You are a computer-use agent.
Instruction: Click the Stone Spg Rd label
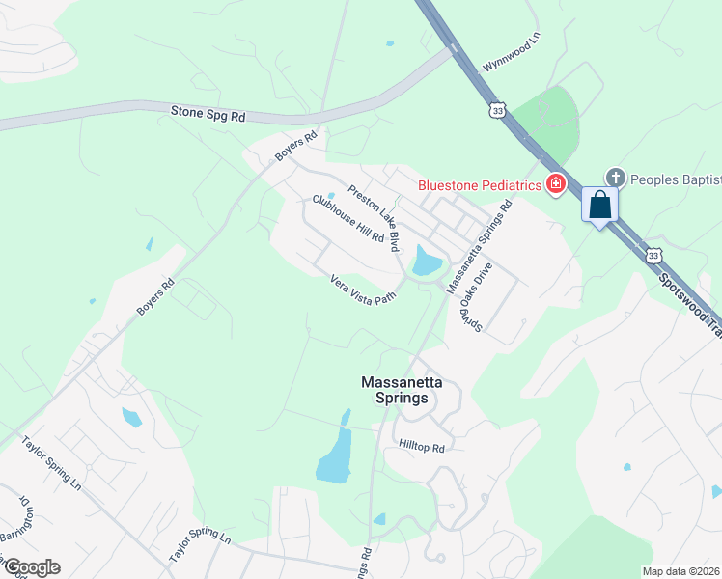click(208, 114)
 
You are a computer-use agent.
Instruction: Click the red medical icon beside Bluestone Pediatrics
click(555, 183)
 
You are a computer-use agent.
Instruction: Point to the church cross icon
click(614, 178)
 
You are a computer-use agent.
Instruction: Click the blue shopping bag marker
click(599, 206)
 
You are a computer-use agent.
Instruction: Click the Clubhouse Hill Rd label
click(348, 219)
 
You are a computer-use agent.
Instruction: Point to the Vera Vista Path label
click(364, 289)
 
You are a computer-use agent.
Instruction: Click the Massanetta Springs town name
click(402, 389)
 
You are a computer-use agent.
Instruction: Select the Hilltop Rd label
click(422, 447)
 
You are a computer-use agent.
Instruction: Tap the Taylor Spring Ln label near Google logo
click(201, 546)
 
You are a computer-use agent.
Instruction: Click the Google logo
click(31, 567)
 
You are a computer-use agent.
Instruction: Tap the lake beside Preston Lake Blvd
click(426, 260)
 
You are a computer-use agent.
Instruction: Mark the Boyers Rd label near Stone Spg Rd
click(295, 147)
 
